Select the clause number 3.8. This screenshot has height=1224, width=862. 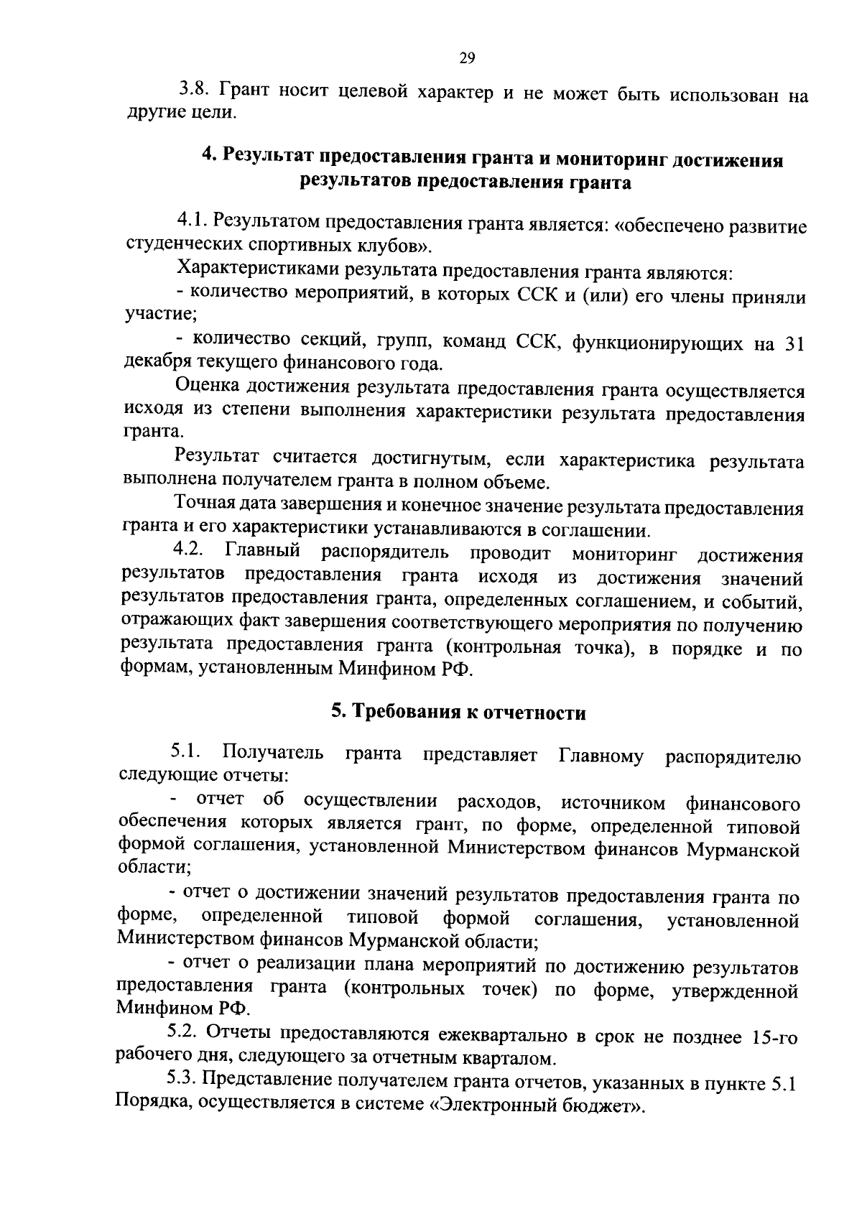click(x=194, y=91)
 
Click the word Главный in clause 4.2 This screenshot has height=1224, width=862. click(x=262, y=553)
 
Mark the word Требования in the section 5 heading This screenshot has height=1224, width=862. click(x=406, y=713)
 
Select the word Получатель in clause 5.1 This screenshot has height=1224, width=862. click(x=272, y=755)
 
